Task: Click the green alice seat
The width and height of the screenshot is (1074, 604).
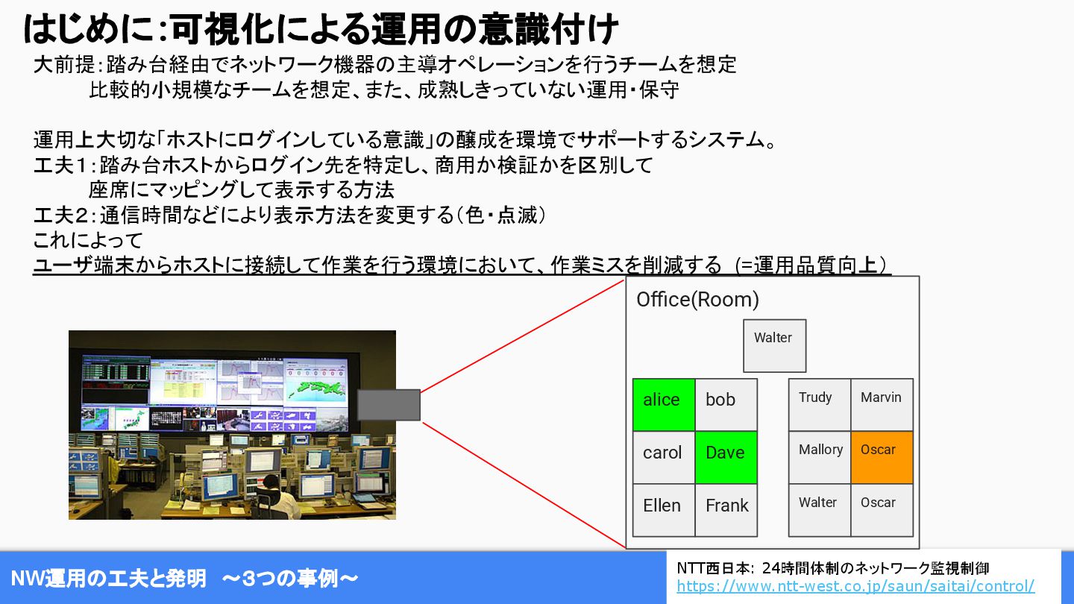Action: [664, 405]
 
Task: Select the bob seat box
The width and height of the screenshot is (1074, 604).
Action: [726, 405]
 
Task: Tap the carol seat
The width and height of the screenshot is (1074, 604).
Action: [664, 457]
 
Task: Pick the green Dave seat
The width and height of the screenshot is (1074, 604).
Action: [726, 457]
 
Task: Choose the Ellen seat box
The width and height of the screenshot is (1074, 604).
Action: [664, 510]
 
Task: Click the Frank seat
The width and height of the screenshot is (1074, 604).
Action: [726, 510]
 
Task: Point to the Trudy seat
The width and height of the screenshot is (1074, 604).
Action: [820, 405]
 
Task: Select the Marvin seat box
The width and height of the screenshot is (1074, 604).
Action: [882, 405]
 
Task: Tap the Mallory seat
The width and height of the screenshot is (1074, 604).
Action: [820, 457]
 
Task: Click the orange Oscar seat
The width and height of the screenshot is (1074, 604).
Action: [882, 457]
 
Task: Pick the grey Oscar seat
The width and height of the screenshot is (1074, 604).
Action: [882, 510]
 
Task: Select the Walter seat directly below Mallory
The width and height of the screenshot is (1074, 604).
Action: [820, 510]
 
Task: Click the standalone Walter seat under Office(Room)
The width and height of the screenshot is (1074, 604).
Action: [774, 346]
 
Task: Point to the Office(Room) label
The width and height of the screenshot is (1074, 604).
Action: [697, 300]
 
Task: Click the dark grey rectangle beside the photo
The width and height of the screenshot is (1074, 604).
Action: [389, 405]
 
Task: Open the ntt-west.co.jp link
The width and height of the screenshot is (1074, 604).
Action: [855, 586]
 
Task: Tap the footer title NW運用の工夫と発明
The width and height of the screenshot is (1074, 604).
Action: [109, 578]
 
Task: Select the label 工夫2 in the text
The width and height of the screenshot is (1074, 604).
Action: [61, 216]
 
